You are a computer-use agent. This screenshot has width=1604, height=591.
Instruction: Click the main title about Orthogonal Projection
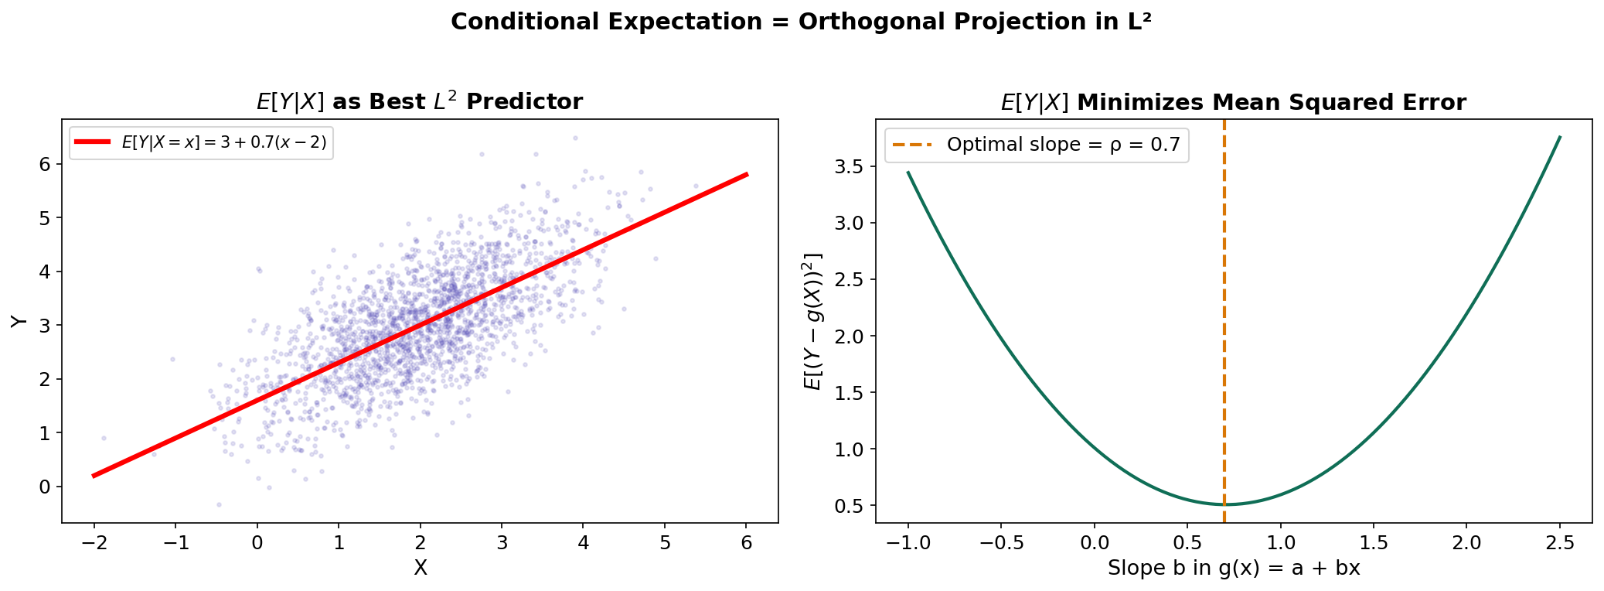801,22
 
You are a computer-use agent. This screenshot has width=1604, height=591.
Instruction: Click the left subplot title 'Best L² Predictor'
419,102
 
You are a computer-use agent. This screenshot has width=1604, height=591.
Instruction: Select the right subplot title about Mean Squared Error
1233,102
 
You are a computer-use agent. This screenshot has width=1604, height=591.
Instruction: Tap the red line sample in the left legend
93,142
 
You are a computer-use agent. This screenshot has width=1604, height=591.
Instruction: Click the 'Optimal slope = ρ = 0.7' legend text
1063,145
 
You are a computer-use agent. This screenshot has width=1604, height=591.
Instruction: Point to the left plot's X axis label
420,569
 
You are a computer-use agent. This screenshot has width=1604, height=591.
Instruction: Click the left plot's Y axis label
19,321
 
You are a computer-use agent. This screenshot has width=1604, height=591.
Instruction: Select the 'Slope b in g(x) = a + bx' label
1233,569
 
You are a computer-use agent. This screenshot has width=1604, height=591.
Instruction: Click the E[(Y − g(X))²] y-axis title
813,321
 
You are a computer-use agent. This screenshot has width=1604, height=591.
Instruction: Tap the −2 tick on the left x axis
94,543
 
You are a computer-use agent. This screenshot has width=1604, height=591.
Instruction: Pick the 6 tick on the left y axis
46,164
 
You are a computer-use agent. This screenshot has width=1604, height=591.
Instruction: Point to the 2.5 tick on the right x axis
1560,543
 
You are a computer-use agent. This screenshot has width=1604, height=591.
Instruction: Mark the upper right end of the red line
748,174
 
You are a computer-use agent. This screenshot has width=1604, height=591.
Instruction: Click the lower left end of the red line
94,476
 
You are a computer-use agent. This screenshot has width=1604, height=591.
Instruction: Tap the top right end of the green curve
1560,137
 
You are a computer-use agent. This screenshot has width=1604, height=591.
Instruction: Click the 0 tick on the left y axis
46,487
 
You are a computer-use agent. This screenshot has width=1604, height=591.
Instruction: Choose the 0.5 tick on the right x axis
1187,543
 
